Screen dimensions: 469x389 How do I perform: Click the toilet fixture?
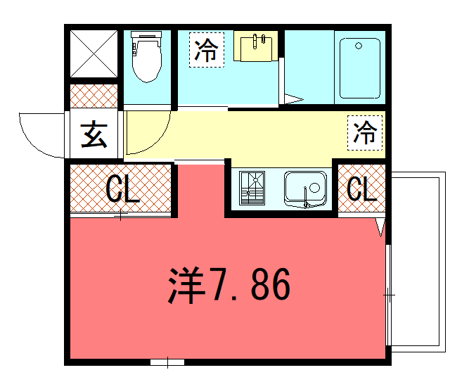point(146,56)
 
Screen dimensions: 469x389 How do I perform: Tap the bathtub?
point(360,68)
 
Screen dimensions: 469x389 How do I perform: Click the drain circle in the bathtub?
point(359,46)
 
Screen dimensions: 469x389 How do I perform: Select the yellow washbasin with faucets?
point(256,46)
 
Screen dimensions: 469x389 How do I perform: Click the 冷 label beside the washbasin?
point(207,50)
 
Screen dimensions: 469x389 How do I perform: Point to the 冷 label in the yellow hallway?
point(365,133)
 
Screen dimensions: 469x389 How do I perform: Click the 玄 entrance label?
point(94,134)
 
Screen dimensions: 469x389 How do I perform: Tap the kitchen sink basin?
point(305,189)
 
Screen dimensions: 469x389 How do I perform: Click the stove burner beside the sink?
point(252,188)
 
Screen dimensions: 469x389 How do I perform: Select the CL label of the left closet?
point(123,189)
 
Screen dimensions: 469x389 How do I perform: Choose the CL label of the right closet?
point(361,189)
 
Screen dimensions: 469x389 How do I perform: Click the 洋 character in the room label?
point(186,285)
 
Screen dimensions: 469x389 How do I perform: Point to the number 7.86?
point(250,283)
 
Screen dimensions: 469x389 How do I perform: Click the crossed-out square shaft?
point(94,54)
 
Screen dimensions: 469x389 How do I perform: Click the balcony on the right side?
point(419,262)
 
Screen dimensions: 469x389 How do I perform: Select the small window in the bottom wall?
point(167,362)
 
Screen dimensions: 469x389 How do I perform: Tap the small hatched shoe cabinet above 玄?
point(94,96)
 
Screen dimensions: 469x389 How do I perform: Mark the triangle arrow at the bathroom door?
point(293,99)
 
